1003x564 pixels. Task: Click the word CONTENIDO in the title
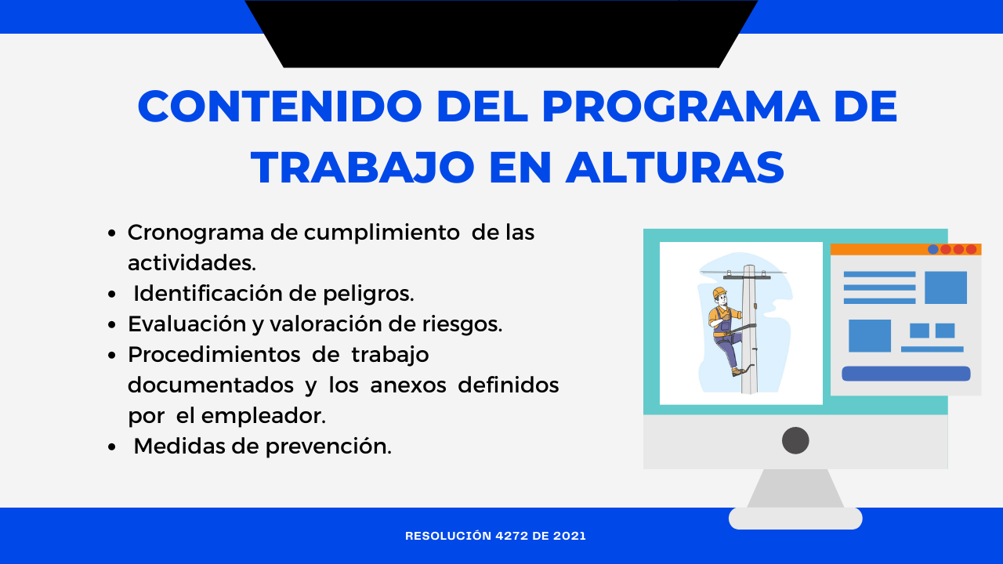[x=280, y=107]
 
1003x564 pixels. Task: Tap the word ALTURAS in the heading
[x=675, y=168]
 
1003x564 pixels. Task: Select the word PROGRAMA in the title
[x=681, y=107]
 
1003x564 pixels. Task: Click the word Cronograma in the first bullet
[x=196, y=233]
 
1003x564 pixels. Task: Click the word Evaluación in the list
[x=187, y=324]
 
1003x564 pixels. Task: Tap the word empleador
[x=263, y=416]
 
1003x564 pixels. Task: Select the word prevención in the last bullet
[x=328, y=446]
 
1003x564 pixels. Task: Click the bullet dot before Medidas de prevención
[x=112, y=446]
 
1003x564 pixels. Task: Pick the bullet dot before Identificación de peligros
[x=112, y=295]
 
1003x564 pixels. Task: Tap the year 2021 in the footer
[x=570, y=536]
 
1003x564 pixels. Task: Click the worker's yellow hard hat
[x=719, y=292]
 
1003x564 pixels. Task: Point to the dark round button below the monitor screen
[x=795, y=440]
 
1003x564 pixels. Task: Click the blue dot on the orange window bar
[x=932, y=249]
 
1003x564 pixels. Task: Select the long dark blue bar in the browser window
[x=906, y=374]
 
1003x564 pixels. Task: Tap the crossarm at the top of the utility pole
[x=747, y=277]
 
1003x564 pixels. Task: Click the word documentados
[x=211, y=385]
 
